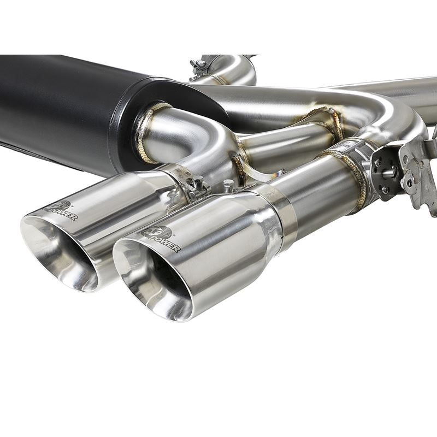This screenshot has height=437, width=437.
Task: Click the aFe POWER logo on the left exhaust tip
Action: click(61, 210)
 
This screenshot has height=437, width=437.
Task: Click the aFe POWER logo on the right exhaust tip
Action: click(161, 239)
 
